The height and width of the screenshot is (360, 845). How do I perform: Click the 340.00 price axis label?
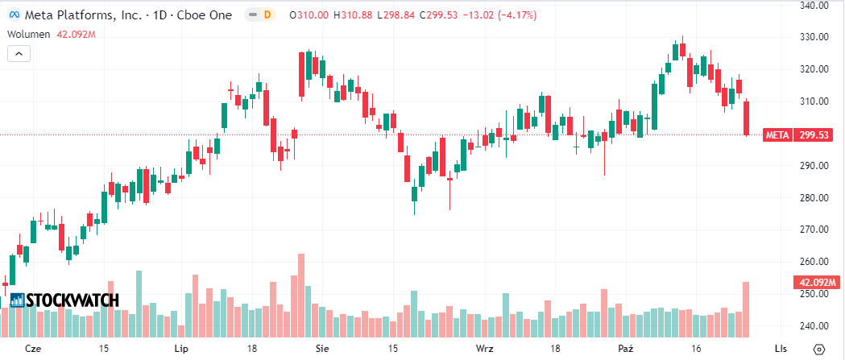pyautogui.click(x=815, y=5)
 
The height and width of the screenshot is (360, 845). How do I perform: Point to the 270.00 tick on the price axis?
pyautogui.click(x=815, y=230)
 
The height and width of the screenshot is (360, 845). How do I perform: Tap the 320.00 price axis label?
pyautogui.click(x=815, y=69)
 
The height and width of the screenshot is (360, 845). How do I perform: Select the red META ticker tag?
pyautogui.click(x=777, y=134)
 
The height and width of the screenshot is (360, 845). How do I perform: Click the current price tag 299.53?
pyautogui.click(x=814, y=134)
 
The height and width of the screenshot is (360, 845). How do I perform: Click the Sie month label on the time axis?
pyautogui.click(x=323, y=349)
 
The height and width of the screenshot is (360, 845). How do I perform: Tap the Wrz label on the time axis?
pyautogui.click(x=485, y=349)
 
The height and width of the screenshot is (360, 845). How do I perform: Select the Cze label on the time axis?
pyautogui.click(x=33, y=349)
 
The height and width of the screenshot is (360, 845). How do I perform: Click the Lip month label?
pyautogui.click(x=180, y=349)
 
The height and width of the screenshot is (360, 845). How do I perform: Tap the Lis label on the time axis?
pyautogui.click(x=780, y=349)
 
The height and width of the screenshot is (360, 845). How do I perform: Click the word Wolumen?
pyautogui.click(x=30, y=34)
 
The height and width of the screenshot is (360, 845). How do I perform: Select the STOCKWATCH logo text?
pyautogui.click(x=72, y=300)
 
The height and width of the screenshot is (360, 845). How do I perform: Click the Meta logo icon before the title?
pyautogui.click(x=14, y=15)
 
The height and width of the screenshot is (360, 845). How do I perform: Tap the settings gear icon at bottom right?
pyautogui.click(x=819, y=349)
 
